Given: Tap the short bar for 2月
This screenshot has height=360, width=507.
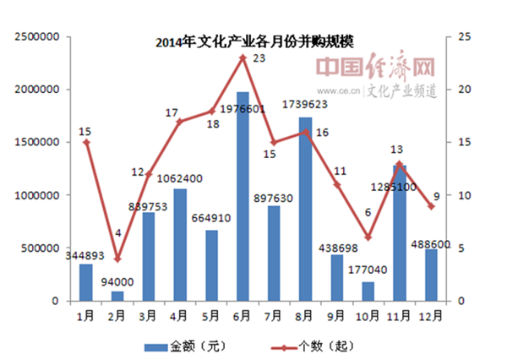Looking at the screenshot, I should (x=118, y=296).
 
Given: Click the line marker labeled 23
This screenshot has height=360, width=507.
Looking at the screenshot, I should (x=243, y=57).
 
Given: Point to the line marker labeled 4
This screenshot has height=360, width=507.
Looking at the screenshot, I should (x=118, y=259).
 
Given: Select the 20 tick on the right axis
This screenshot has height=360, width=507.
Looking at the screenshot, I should (x=464, y=90).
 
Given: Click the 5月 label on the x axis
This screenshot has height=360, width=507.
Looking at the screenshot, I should (x=211, y=315).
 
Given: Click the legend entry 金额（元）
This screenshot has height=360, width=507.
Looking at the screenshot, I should (x=186, y=346).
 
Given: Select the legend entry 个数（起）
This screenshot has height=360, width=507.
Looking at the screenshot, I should (x=317, y=346).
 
